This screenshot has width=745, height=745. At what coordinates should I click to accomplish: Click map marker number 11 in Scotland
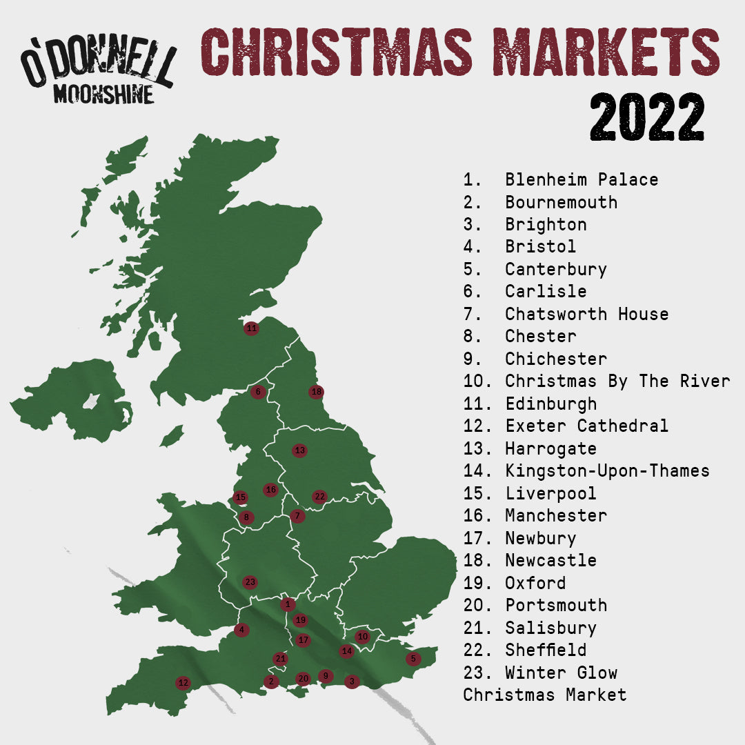pyautogui.click(x=251, y=328)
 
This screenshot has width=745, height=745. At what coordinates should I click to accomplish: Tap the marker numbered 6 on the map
pyautogui.click(x=258, y=392)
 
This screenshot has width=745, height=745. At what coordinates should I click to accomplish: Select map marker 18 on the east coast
pyautogui.click(x=316, y=392)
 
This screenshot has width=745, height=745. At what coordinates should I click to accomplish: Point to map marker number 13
pyautogui.click(x=299, y=450)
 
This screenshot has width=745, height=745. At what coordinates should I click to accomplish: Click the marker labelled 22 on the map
pyautogui.click(x=319, y=496)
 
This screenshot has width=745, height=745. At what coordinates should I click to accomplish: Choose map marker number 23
pyautogui.click(x=250, y=582)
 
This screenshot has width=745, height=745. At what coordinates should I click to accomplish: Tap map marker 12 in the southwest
pyautogui.click(x=183, y=683)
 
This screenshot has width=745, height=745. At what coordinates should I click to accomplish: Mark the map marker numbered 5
pyautogui.click(x=413, y=659)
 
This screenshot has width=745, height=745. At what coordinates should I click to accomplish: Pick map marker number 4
pyautogui.click(x=241, y=630)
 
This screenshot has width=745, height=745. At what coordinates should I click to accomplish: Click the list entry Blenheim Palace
pyautogui.click(x=581, y=180)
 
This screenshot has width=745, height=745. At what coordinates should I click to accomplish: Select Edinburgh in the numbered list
pyautogui.click(x=550, y=404)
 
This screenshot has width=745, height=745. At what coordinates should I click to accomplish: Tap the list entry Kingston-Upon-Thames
pyautogui.click(x=607, y=471)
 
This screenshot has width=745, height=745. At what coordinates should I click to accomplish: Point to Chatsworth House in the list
pyautogui.click(x=586, y=314)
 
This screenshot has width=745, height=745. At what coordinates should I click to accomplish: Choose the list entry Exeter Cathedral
pyautogui.click(x=586, y=426)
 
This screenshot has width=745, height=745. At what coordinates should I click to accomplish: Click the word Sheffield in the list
pyautogui.click(x=546, y=650)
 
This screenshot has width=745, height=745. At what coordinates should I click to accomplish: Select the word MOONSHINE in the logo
pyautogui.click(x=103, y=95)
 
